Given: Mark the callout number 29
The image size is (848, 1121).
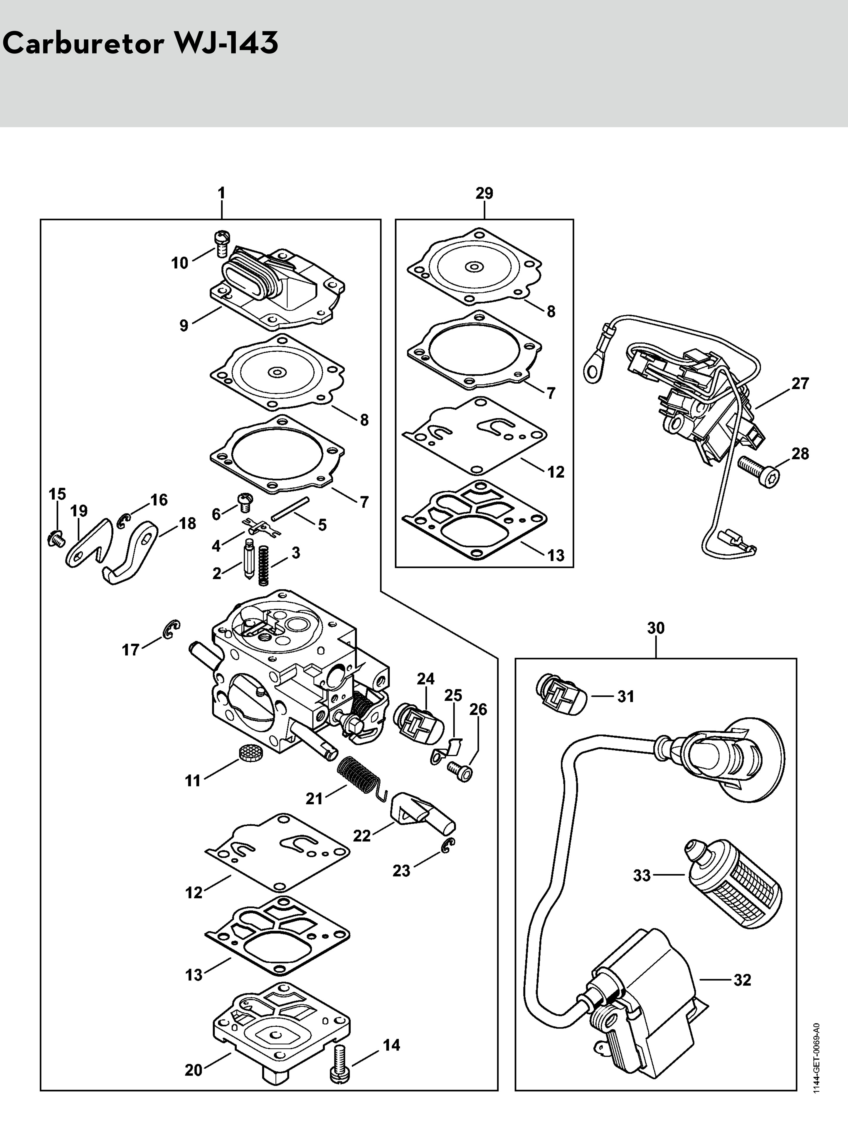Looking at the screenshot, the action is coord(484,193).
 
